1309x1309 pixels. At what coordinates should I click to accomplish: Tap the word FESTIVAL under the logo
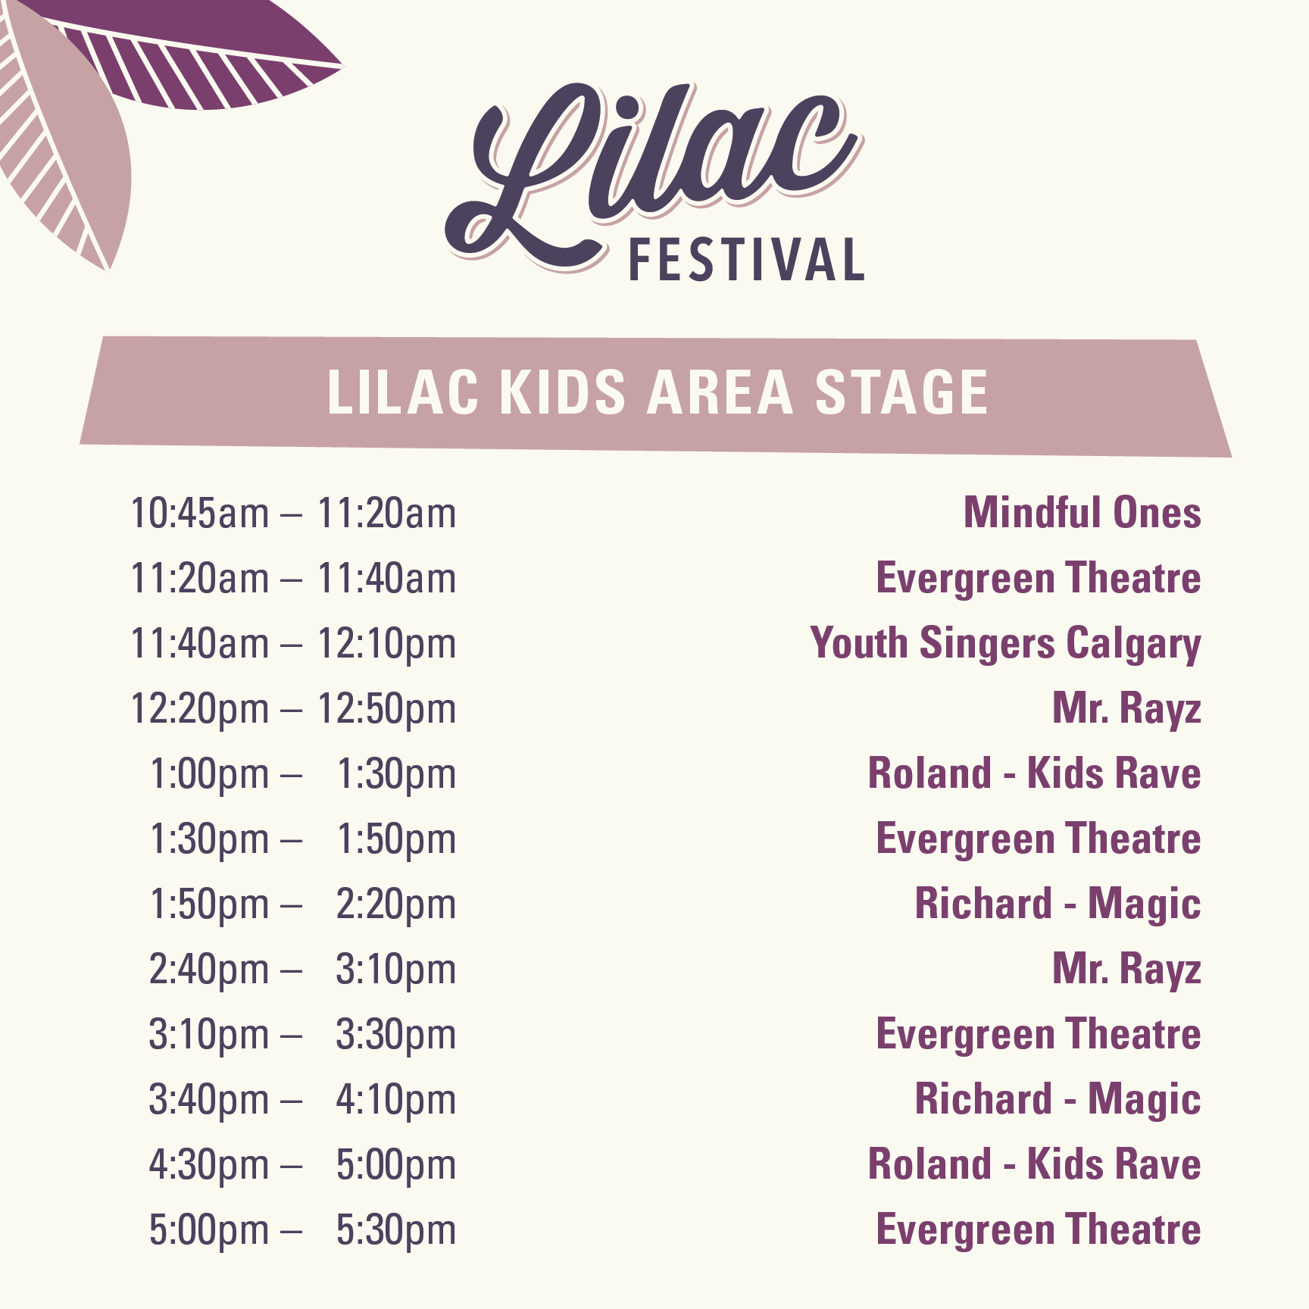click(747, 260)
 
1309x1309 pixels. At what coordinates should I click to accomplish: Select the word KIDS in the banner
click(562, 392)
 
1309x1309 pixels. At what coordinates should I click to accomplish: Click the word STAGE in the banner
click(901, 392)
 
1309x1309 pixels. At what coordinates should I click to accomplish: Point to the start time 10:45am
click(200, 513)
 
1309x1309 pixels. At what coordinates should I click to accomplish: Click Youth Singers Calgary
click(1005, 644)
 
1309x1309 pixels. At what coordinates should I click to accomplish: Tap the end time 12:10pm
click(386, 645)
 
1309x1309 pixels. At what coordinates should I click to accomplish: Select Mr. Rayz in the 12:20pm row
click(1126, 709)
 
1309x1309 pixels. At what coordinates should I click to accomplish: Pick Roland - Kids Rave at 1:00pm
click(1034, 773)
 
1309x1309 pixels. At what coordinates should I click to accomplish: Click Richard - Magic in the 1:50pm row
click(1058, 904)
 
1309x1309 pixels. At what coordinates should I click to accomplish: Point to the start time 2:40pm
click(209, 970)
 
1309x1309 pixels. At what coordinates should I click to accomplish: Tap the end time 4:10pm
click(396, 1101)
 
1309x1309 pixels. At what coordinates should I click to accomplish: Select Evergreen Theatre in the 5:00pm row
click(1039, 1229)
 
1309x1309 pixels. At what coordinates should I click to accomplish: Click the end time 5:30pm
click(396, 1231)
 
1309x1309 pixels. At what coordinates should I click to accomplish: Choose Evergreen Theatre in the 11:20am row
click(1039, 578)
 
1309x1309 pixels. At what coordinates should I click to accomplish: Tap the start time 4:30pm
click(209, 1166)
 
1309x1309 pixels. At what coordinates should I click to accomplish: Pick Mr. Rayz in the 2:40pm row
click(1126, 970)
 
